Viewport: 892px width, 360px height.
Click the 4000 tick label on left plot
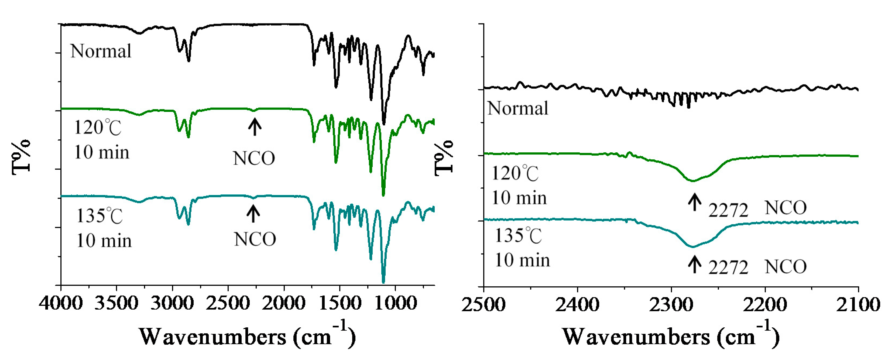pyautogui.click(x=61, y=304)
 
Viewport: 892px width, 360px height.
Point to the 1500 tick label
pyautogui.click(x=339, y=304)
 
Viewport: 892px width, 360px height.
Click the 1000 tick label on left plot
pyautogui.click(x=395, y=304)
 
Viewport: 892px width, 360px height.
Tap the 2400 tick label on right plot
pyautogui.click(x=577, y=305)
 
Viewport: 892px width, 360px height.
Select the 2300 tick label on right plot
pyautogui.click(x=671, y=305)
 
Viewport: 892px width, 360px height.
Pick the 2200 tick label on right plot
pyautogui.click(x=764, y=305)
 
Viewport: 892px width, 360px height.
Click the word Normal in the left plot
pyautogui.click(x=101, y=51)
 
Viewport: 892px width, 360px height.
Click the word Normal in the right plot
pyautogui.click(x=518, y=108)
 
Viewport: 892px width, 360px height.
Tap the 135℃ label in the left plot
pyautogui.click(x=100, y=216)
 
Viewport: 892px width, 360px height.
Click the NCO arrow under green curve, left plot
pyautogui.click(x=255, y=127)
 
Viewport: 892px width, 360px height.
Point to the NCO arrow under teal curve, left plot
pyautogui.click(x=253, y=214)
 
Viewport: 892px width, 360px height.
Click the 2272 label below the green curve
pyautogui.click(x=728, y=210)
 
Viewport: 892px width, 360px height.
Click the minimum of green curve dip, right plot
pyautogui.click(x=693, y=181)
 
